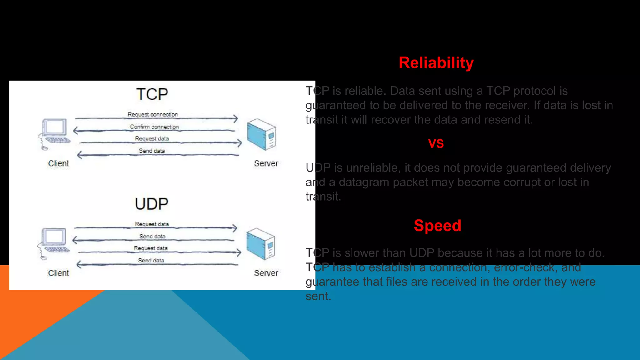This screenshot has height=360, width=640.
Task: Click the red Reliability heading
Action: pos(436,63)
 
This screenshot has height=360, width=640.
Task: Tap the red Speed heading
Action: pos(437,226)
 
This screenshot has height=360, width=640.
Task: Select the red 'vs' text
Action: pos(436,143)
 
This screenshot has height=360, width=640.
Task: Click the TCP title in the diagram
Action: pos(152,94)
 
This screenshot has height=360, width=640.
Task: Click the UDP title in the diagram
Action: pos(152,204)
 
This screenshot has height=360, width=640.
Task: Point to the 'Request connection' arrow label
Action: pos(152,114)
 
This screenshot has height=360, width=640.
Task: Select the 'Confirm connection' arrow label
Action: pos(154,127)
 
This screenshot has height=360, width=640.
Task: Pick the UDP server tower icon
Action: pos(261,244)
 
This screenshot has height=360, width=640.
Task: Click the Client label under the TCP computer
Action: pos(58,163)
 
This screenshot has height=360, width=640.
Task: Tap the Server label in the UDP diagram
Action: pos(266,273)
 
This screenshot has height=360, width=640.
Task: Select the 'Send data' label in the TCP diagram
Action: pos(152,151)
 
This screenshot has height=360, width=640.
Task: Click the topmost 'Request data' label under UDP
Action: pos(152,224)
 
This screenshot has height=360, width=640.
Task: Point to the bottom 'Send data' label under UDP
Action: pos(151,260)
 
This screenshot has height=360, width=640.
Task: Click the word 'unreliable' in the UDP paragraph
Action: pos(372,168)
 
